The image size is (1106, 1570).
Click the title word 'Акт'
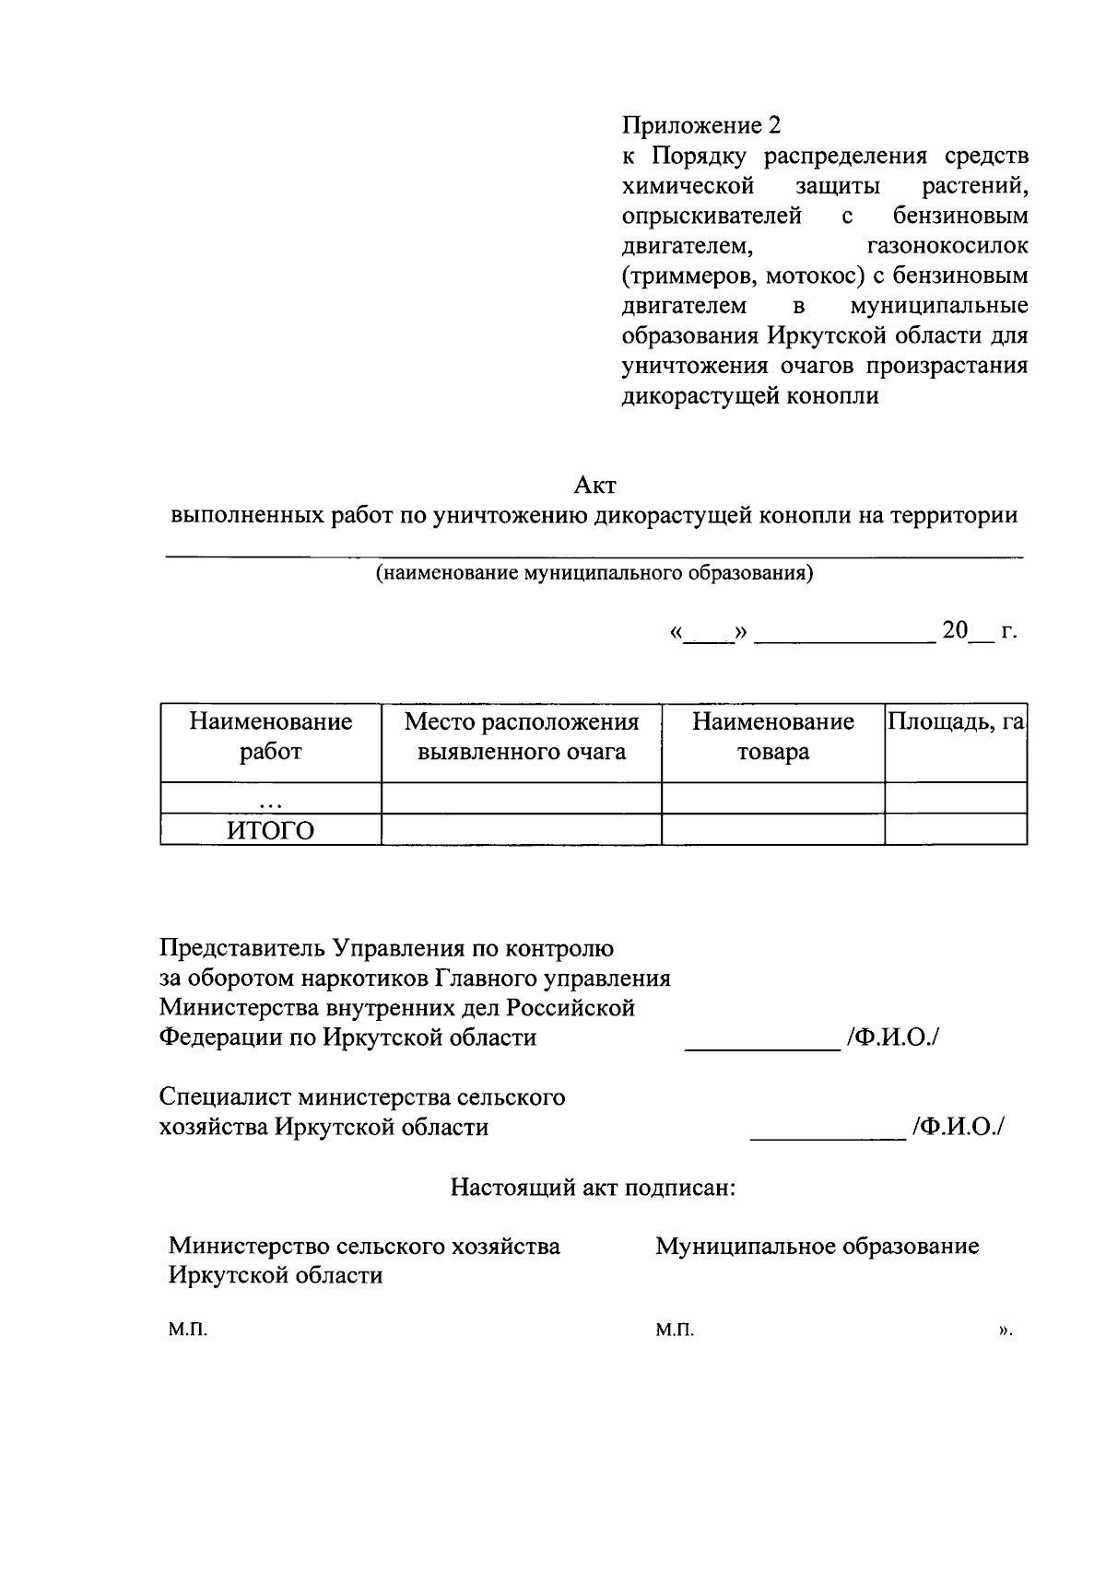coord(594,485)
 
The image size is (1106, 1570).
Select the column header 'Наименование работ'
coord(271,736)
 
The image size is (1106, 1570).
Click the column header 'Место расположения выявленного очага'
coord(522,736)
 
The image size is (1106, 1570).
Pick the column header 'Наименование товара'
coord(773,736)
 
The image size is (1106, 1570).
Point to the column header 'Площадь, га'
coord(956,721)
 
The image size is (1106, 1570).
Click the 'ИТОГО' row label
coord(271,831)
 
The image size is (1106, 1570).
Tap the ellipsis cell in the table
coord(271,799)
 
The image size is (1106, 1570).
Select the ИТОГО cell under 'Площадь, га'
coord(956,830)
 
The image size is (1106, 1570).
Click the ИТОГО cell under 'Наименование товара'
coord(773,830)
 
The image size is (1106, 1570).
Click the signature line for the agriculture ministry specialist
coord(827,1138)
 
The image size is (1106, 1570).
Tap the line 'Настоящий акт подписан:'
coord(593,1187)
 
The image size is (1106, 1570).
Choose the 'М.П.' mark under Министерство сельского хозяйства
coord(188,1330)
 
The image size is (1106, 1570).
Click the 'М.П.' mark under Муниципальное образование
coord(675,1330)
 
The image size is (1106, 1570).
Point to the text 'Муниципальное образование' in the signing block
coord(817,1247)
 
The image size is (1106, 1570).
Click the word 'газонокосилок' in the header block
coord(948,246)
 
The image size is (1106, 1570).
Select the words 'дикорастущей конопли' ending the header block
coord(750,396)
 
